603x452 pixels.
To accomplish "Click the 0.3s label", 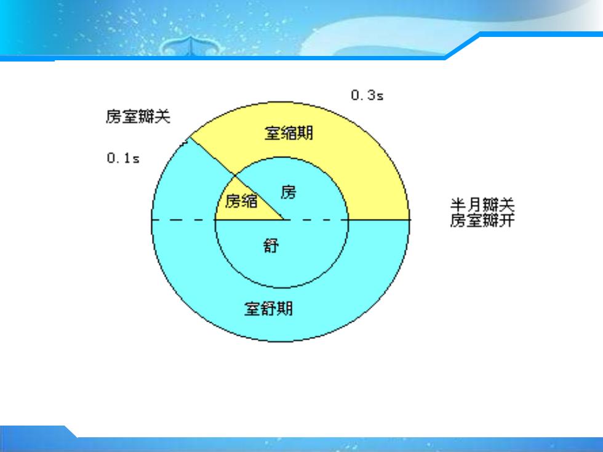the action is click(367, 95).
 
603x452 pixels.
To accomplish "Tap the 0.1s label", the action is click(123, 158).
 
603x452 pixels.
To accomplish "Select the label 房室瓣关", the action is click(138, 116).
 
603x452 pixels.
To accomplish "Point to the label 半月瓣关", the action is click(482, 204).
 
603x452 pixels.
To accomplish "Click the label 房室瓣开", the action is click(482, 220).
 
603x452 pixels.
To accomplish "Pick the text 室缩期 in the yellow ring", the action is click(289, 133).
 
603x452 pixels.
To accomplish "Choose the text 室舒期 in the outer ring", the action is click(268, 308).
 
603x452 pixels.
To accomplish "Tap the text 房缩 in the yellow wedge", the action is click(241, 200).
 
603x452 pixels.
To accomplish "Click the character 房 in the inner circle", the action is click(289, 192).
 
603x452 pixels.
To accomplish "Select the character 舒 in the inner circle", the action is click(271, 245).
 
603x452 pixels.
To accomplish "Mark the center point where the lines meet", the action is click(284, 220).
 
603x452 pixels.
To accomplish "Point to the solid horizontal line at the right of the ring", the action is click(379, 220).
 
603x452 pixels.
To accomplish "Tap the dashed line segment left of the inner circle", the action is click(183, 220).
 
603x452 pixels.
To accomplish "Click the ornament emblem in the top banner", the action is click(191, 46).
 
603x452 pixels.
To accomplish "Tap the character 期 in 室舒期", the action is click(285, 308).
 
